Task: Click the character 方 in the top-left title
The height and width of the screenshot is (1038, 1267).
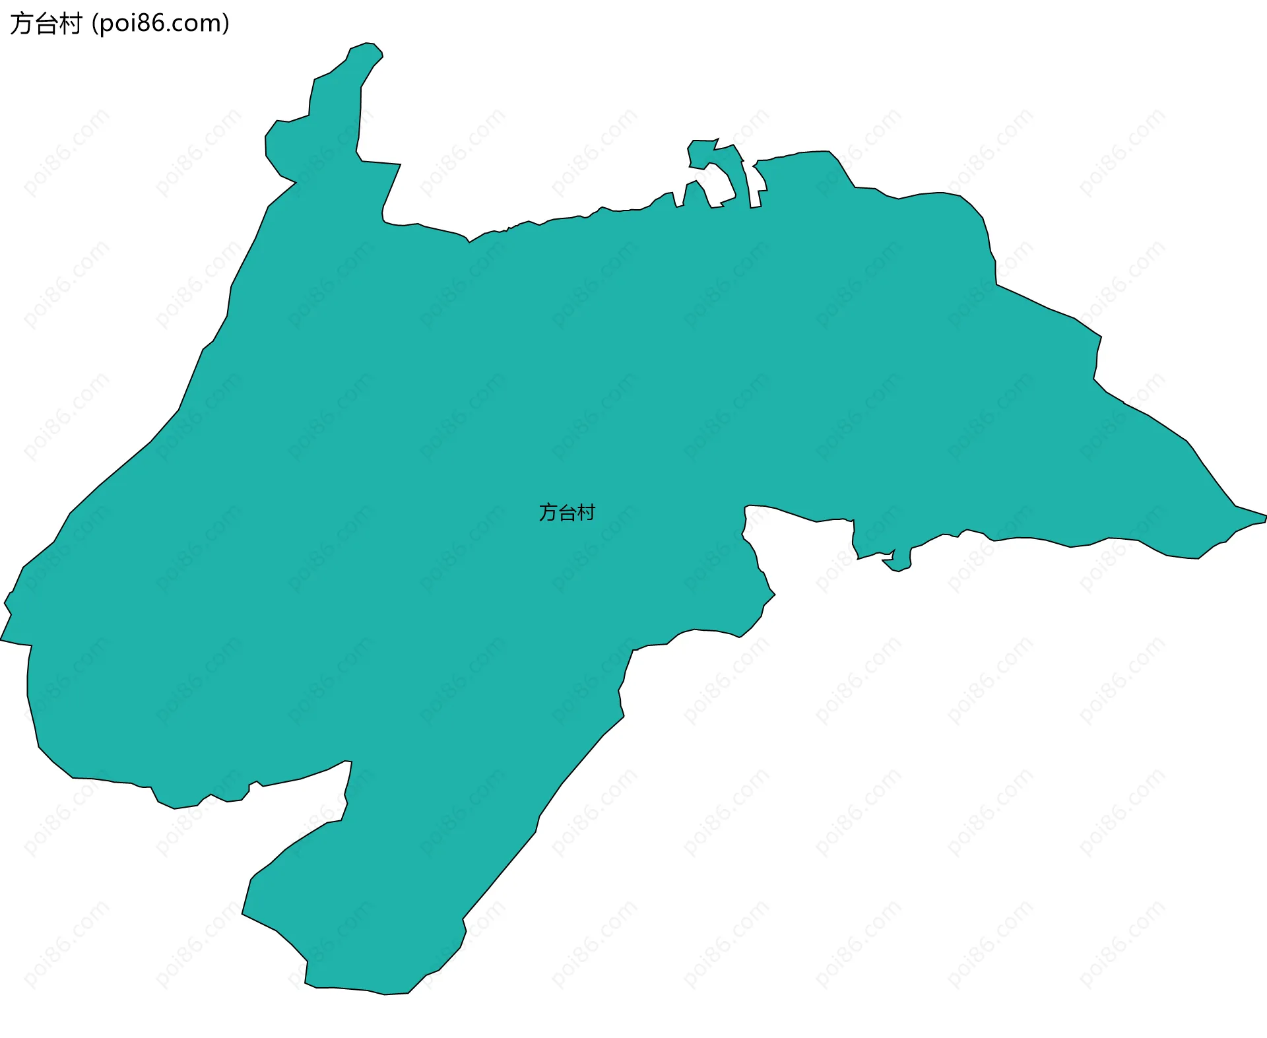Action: pos(20,24)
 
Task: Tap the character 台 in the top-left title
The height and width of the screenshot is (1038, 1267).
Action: pos(45,24)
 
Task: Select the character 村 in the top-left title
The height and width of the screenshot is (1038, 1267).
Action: pos(70,24)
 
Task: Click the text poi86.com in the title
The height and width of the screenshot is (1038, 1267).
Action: pos(161,24)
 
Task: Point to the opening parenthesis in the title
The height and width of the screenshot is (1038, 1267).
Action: pos(95,24)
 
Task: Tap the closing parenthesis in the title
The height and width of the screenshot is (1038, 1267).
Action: pos(226,24)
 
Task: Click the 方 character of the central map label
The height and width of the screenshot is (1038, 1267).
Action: pos(548,512)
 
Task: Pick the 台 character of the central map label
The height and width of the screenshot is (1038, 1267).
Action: pos(567,512)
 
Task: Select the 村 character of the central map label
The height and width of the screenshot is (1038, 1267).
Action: pos(586,512)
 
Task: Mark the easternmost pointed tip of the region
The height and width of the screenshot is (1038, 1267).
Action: pos(1265,517)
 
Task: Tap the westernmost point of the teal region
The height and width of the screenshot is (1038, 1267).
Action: pos(2,639)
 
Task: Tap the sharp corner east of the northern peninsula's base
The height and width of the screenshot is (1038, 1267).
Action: pos(400,164)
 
